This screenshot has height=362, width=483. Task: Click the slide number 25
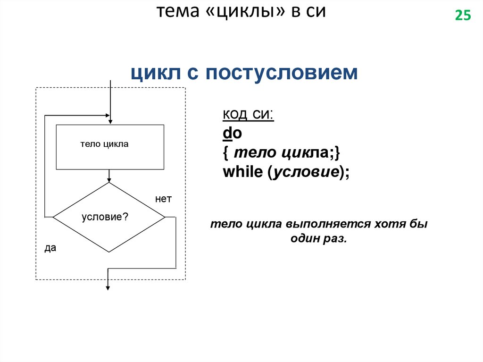463,16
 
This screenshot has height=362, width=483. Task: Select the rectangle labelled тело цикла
110,147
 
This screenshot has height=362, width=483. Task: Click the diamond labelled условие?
109,217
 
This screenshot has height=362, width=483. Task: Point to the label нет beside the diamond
163,200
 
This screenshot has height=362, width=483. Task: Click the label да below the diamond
50,248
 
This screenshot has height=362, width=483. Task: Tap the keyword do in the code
232,134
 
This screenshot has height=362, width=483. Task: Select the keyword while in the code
242,172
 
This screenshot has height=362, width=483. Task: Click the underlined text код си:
248,115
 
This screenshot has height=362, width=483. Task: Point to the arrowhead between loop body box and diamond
109,180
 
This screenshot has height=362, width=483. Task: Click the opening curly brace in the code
226,153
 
